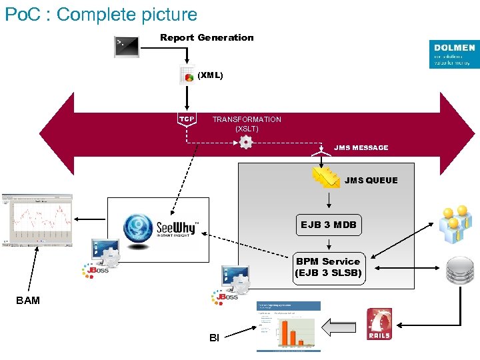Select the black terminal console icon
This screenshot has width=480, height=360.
(x=126, y=46)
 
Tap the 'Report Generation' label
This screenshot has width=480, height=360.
(x=207, y=38)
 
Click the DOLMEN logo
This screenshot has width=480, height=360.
(x=454, y=54)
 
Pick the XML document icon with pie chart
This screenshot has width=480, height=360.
(x=187, y=76)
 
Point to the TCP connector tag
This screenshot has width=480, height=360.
(x=187, y=119)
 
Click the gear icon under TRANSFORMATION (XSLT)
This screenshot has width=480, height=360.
(x=246, y=141)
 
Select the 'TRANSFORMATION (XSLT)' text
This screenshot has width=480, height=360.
(x=247, y=123)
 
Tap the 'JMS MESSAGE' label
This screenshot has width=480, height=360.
(x=361, y=148)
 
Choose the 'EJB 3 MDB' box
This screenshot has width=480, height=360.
(x=328, y=225)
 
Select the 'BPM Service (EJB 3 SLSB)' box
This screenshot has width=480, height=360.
(x=328, y=267)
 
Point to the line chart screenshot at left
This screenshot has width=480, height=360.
(x=37, y=220)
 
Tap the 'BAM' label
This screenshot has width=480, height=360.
(x=28, y=301)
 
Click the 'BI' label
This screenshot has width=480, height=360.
(x=214, y=338)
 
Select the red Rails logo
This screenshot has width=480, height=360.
(x=379, y=324)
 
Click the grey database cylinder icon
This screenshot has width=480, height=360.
(x=460, y=271)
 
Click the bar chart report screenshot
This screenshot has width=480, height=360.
(x=288, y=326)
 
